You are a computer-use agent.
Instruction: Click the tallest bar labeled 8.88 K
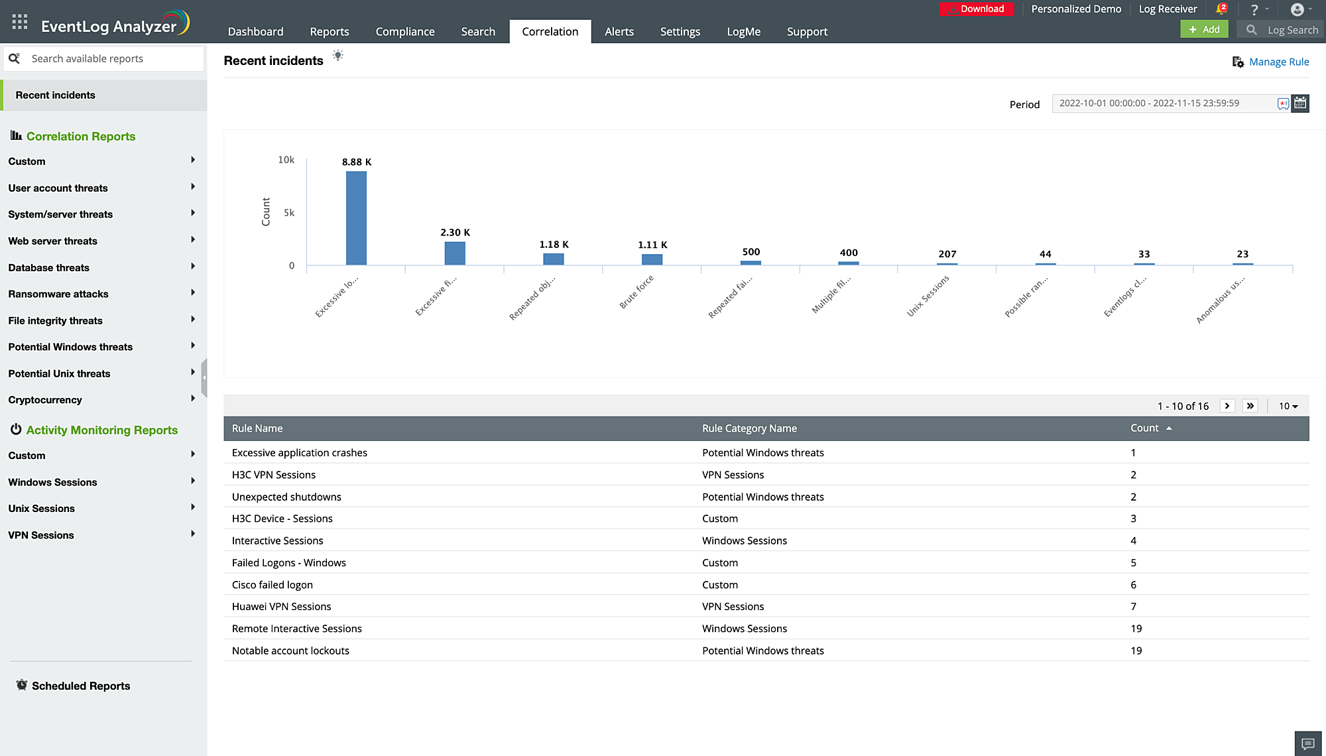tap(356, 218)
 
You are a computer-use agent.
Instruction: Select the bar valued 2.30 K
tap(455, 253)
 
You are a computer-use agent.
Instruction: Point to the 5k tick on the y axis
tap(289, 213)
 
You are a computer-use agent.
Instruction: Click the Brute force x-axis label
tap(636, 292)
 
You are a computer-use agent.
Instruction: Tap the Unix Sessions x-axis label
tap(928, 296)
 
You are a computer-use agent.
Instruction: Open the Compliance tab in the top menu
tap(405, 31)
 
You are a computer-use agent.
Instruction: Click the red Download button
tap(976, 9)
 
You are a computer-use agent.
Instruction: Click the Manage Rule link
tap(1279, 62)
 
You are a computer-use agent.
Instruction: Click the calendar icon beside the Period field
tap(1300, 103)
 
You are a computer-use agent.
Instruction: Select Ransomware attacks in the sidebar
tap(58, 294)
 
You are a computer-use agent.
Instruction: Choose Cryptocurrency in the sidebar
tap(45, 400)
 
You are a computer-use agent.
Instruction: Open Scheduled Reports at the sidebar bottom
tap(81, 686)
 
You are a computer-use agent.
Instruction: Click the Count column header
tap(1145, 428)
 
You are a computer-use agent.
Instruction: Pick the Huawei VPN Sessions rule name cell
tap(282, 606)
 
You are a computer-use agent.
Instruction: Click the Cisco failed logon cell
tap(272, 584)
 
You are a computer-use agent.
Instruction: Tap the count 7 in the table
tap(1134, 606)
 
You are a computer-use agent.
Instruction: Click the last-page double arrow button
tap(1250, 406)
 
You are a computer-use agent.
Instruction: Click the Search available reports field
tap(113, 58)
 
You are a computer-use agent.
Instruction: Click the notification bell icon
tap(1221, 9)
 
